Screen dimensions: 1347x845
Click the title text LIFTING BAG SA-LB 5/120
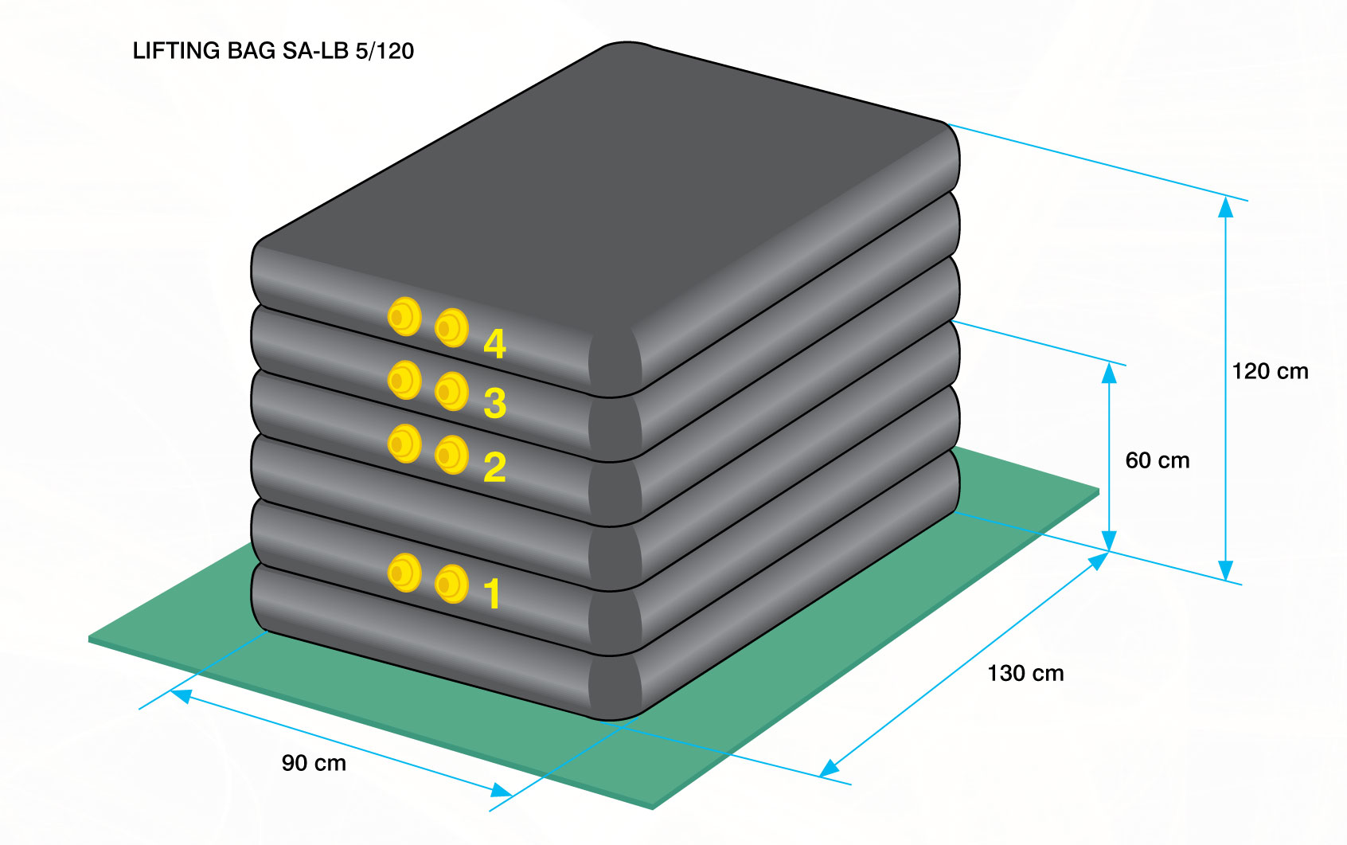(273, 50)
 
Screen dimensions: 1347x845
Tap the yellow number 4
(494, 344)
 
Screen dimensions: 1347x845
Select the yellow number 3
(494, 403)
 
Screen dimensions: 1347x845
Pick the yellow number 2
(494, 467)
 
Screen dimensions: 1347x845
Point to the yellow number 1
(493, 593)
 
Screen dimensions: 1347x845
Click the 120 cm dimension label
(1270, 371)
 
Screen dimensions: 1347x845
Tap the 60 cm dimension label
(1158, 460)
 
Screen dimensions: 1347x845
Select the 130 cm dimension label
(1026, 673)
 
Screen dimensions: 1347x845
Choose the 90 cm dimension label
(314, 763)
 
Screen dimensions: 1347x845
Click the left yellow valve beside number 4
(404, 316)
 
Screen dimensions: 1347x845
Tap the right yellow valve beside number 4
(451, 328)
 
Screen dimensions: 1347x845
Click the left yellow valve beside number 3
(404, 380)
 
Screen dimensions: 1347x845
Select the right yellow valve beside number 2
(451, 456)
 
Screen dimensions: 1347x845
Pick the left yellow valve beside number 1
(404, 573)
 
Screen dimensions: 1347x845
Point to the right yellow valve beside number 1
(451, 584)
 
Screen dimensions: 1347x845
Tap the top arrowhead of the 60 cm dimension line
(1109, 372)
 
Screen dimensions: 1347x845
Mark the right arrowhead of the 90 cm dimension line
(502, 790)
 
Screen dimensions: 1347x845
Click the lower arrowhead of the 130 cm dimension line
(829, 768)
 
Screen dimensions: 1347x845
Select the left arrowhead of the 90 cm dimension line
(181, 696)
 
